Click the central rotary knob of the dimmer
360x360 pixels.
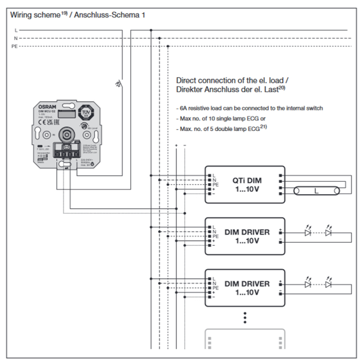pos(66,135)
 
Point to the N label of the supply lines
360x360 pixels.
pos(15,39)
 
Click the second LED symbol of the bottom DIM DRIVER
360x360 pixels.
pos(329,284)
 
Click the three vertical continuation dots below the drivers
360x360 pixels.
pos(245,317)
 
